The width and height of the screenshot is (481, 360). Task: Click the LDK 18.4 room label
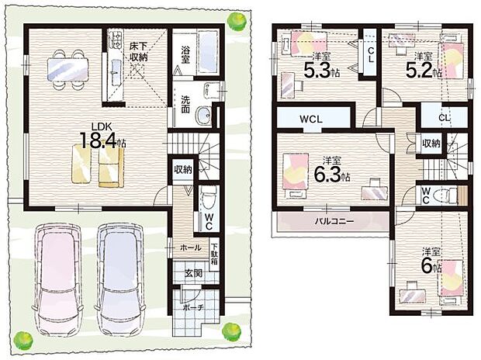pyautogui.click(x=102, y=136)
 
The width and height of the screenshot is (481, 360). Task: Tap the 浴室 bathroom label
pyautogui.click(x=185, y=54)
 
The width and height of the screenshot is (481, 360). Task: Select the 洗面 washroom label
pyautogui.click(x=185, y=104)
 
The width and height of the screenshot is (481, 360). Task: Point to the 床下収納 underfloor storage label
pyautogui.click(x=138, y=51)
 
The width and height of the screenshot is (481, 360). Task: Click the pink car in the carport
pyautogui.click(x=57, y=279)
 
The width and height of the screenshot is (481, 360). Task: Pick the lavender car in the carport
pyautogui.click(x=120, y=279)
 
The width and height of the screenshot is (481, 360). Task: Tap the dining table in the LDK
pyautogui.click(x=67, y=70)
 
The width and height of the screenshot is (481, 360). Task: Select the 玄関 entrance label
pyautogui.click(x=194, y=273)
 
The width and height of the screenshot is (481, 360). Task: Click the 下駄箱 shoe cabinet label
pyautogui.click(x=214, y=254)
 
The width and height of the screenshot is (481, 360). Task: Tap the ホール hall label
pyautogui.click(x=190, y=247)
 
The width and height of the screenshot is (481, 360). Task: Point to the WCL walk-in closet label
pyautogui.click(x=311, y=119)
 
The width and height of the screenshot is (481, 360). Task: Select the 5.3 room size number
pyautogui.click(x=317, y=70)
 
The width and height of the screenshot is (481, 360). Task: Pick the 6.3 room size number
pyautogui.click(x=327, y=175)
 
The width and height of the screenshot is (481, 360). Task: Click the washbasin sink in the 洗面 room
pyautogui.click(x=203, y=115)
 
